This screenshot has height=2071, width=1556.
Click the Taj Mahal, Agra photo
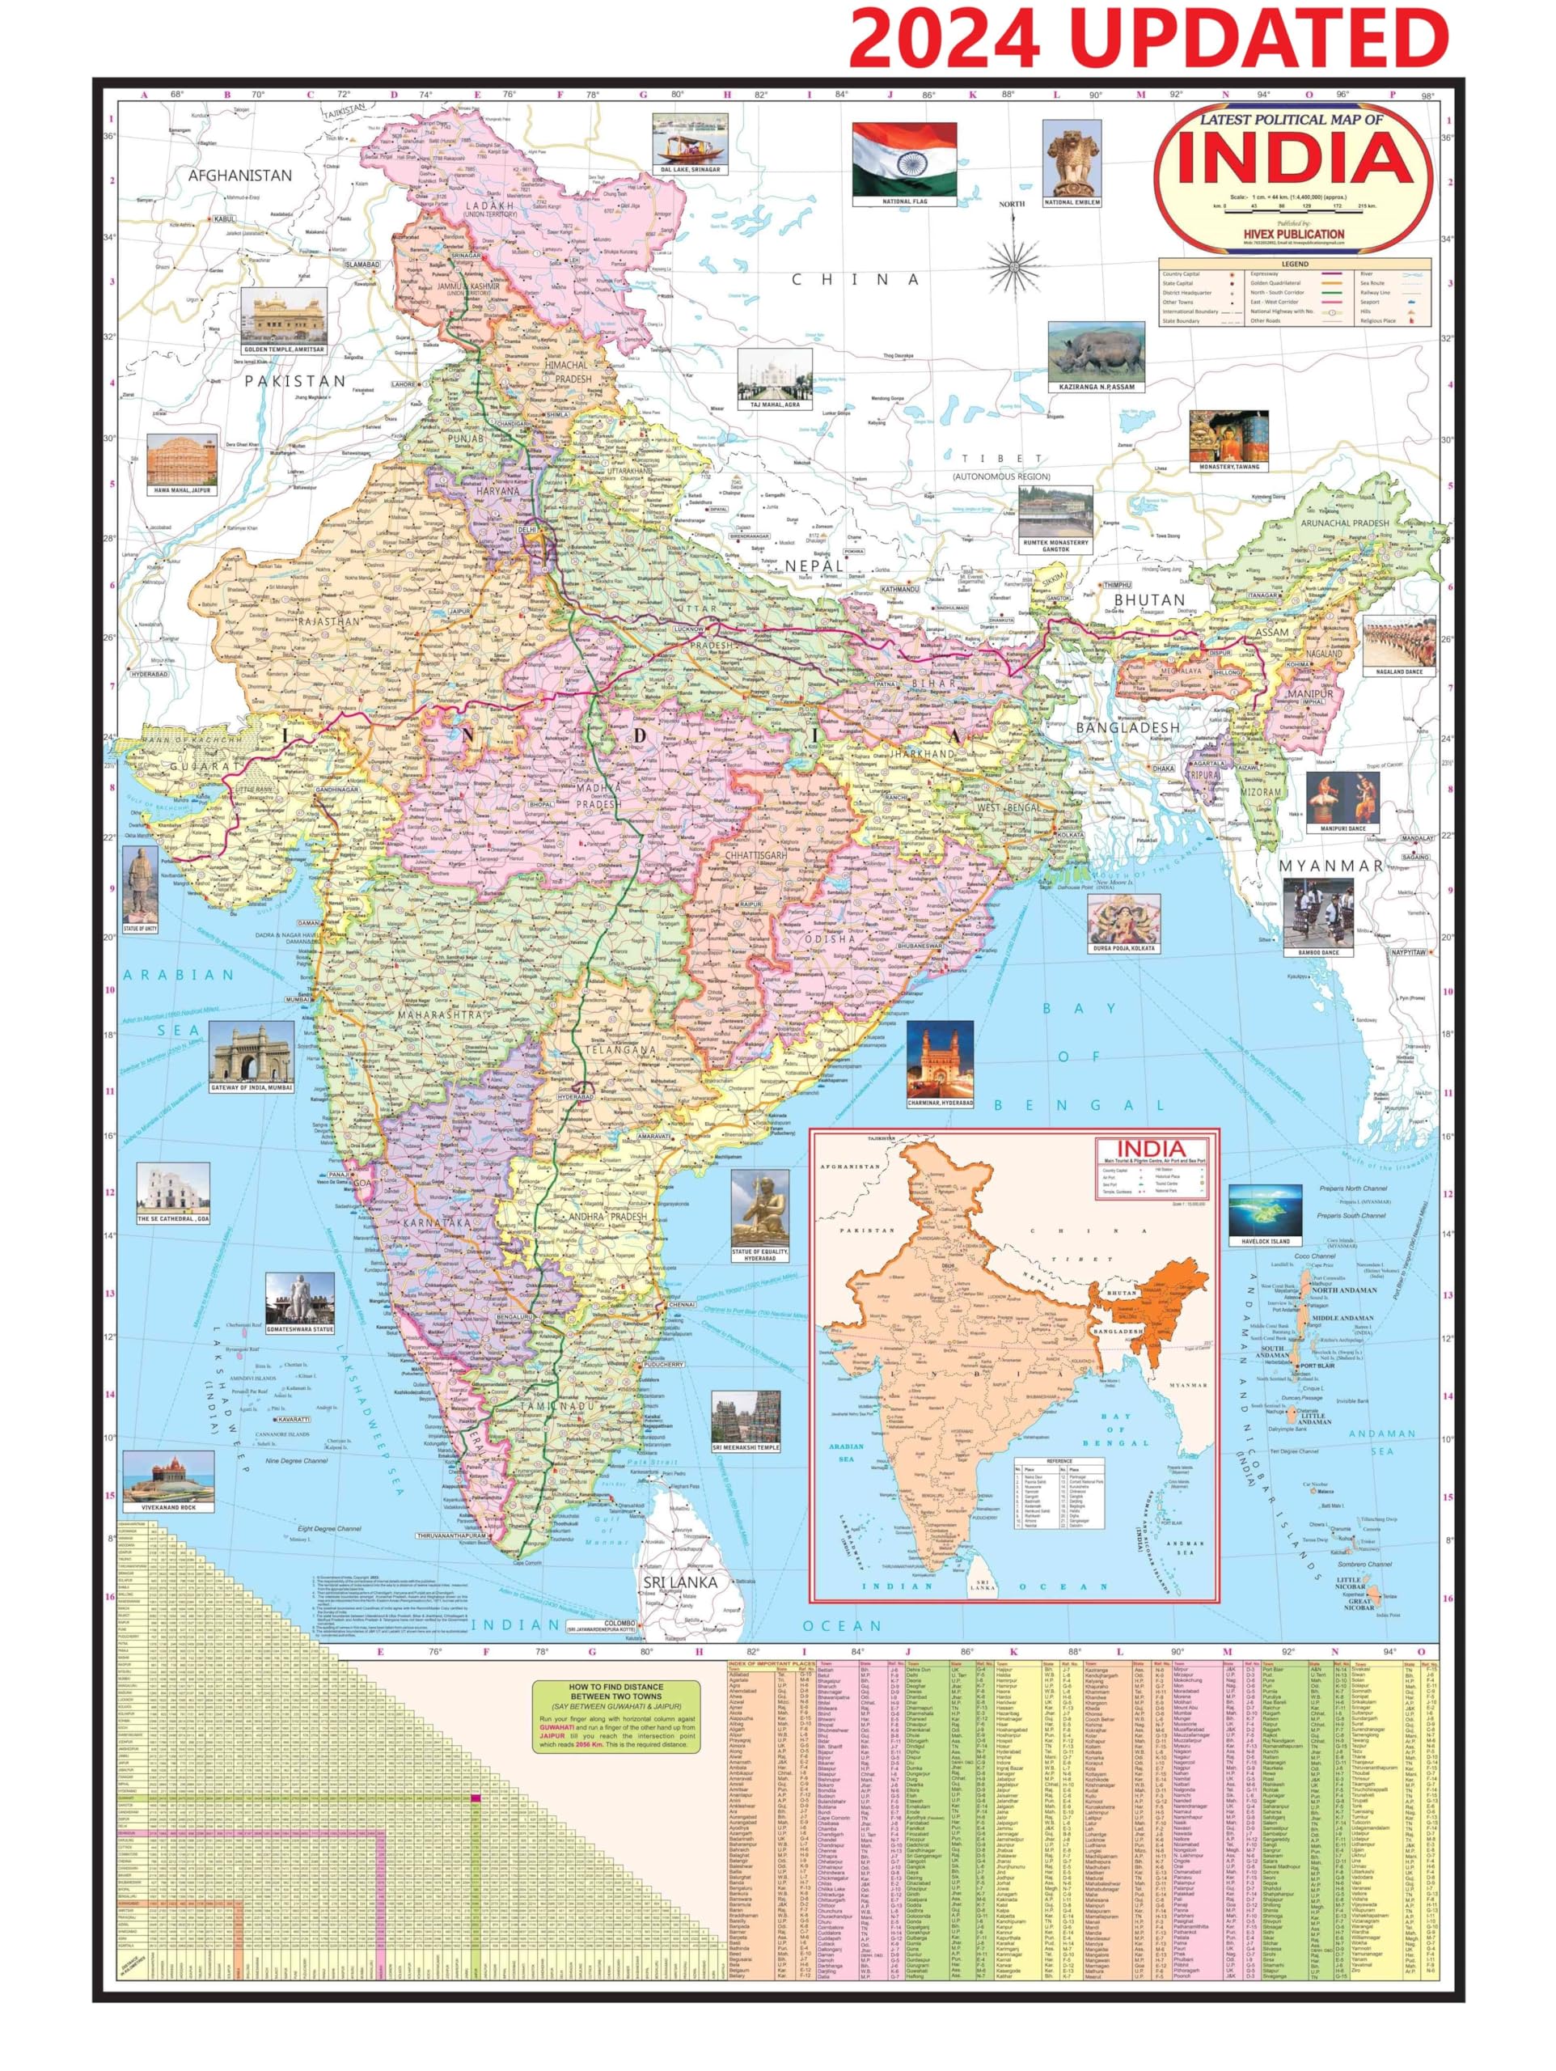[774, 375]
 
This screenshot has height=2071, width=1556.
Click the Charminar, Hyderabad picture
[939, 1059]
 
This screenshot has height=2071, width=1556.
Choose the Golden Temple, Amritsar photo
[284, 315]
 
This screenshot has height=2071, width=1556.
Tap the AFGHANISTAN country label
[239, 175]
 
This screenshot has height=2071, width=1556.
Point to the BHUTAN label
[1148, 600]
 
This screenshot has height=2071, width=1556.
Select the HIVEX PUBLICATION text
[1294, 234]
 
